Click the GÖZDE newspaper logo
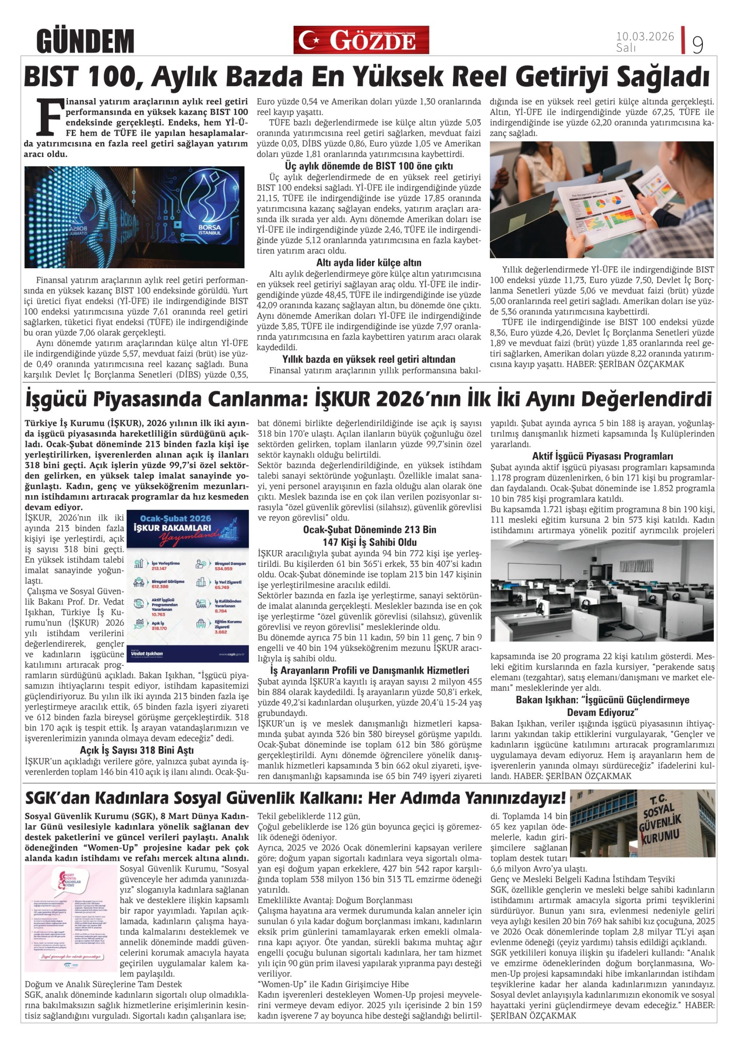361,40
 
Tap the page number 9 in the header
697,44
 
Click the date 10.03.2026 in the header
644,36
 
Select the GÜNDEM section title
85,41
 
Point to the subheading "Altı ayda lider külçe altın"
369,263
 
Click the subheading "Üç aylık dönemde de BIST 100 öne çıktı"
369,166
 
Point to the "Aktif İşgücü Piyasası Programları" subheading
602,456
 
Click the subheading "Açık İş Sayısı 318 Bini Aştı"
137,750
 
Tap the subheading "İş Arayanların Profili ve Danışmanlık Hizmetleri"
369,670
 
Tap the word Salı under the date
626,48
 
